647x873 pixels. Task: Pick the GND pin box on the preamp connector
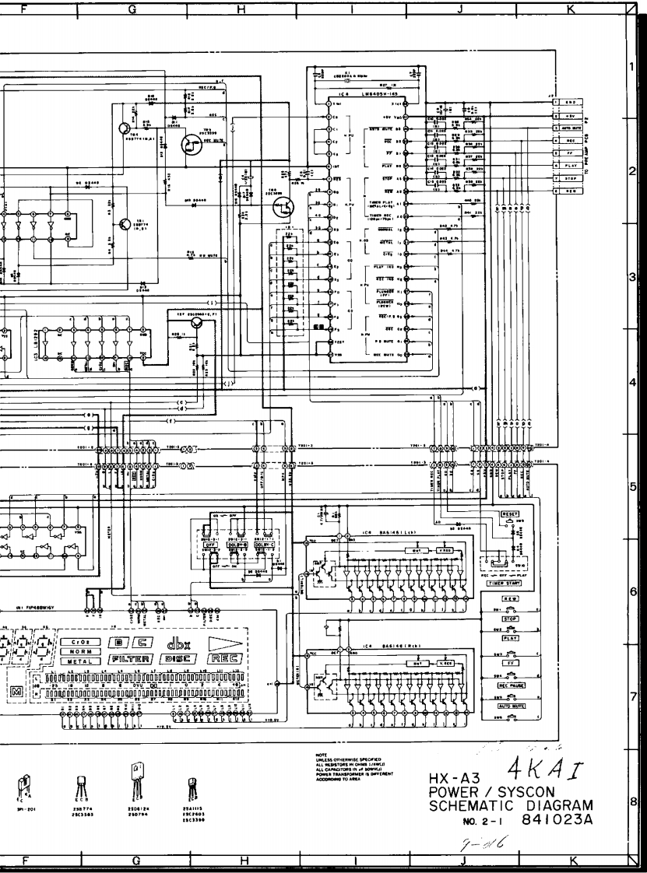[x=569, y=102]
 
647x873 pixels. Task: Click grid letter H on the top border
[x=241, y=9]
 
